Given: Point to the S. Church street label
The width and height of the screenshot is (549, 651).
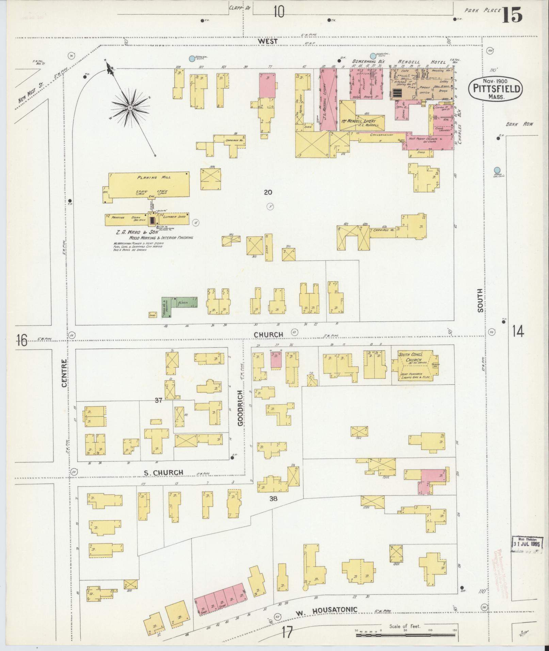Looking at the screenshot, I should coord(163,472).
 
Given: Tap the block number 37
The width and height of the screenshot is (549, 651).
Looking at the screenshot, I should coord(158,401).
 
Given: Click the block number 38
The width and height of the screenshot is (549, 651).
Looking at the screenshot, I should coord(273,499).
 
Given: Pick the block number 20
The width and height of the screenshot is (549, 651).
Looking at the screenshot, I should coord(268,192).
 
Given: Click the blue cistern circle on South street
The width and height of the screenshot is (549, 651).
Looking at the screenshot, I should coord(497,170).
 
